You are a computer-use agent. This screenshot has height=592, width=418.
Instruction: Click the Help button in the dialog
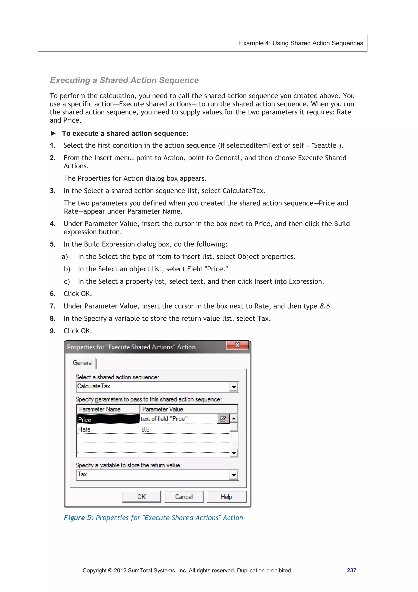tap(226, 497)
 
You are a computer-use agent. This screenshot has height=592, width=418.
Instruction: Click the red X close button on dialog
tap(237, 345)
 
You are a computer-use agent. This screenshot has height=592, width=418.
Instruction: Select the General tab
tap(83, 363)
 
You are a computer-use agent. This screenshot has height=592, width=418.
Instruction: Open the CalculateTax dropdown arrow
tap(234, 387)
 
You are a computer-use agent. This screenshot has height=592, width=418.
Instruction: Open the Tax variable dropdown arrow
tap(234, 475)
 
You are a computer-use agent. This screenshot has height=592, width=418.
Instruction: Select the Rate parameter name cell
tap(108, 429)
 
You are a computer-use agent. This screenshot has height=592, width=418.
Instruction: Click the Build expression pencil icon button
tap(223, 419)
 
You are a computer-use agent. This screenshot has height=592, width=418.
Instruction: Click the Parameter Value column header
tap(188, 409)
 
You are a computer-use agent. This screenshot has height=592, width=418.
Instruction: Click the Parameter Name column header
tap(108, 409)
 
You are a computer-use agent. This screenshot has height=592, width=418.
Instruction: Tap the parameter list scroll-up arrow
tap(234, 418)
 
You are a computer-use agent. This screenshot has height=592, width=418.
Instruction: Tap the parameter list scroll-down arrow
tap(234, 453)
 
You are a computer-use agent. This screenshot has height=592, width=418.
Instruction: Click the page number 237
tap(351, 570)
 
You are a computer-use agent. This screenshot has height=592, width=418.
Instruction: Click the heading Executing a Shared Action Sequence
tap(124, 80)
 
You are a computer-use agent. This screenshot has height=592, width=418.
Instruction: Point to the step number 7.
tap(52, 306)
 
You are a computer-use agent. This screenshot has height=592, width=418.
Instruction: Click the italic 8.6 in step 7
tap(325, 306)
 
